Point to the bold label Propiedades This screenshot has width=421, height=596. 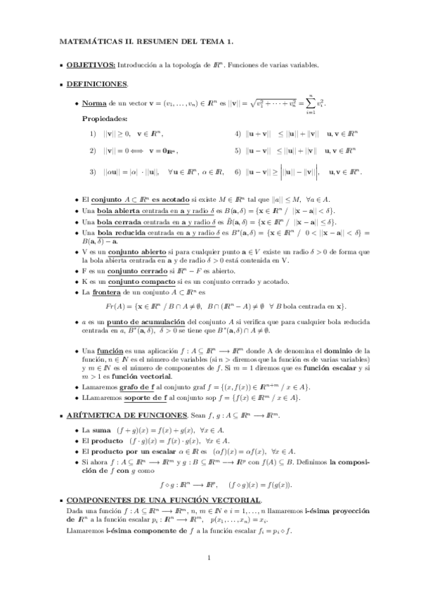point(105,119)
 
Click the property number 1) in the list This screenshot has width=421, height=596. point(92,133)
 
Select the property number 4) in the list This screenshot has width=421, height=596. point(238,133)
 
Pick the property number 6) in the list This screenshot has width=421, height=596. point(238,171)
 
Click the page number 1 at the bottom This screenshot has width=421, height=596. point(210,578)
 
